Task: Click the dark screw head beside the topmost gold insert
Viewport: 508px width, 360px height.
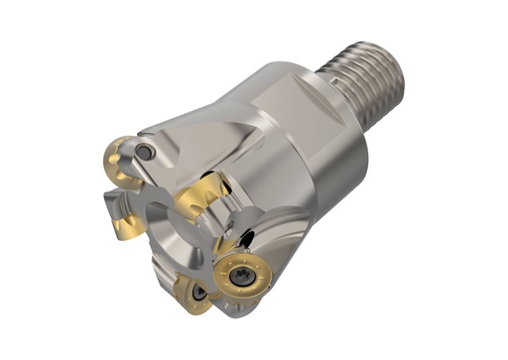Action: point(146,152)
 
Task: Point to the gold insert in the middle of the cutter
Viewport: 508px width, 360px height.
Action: point(202,199)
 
